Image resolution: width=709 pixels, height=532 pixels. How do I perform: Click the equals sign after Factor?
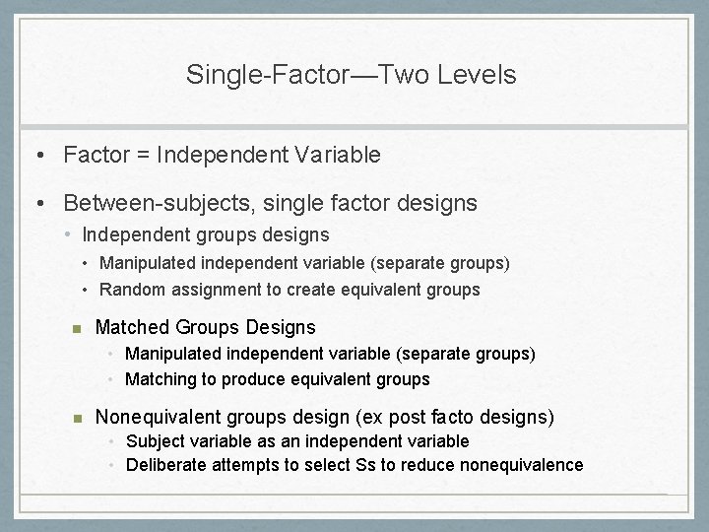145,155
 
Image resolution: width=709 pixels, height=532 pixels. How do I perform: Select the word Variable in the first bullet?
337,155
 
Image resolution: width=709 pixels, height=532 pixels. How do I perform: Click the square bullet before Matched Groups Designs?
74,328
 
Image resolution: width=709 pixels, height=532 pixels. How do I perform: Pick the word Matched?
131,327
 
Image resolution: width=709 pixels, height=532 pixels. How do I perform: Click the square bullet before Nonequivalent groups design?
74,417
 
